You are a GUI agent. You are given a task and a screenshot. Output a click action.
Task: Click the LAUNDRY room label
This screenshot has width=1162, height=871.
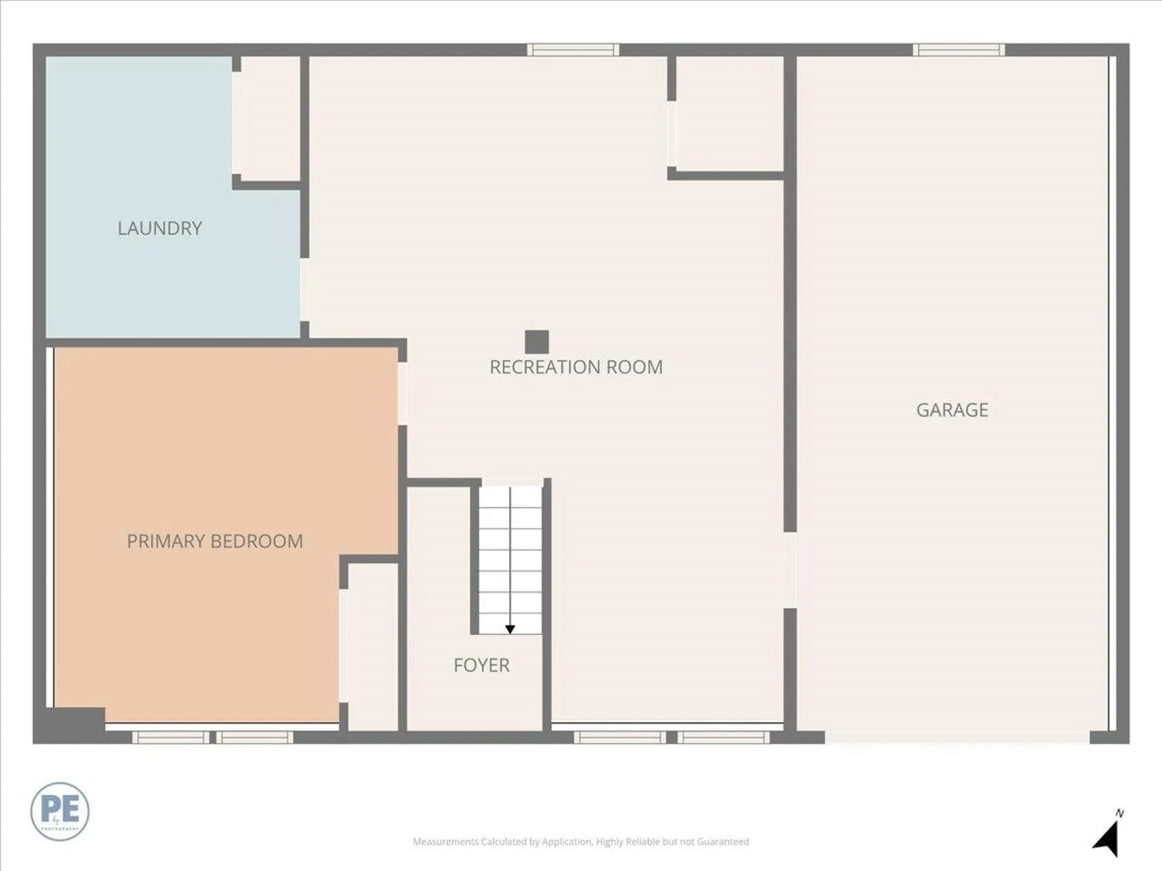[x=160, y=228]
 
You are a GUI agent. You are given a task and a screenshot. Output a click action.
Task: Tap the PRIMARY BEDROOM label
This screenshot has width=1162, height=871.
[x=215, y=541]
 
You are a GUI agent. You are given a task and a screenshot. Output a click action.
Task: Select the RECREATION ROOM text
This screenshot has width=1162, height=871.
[x=576, y=367]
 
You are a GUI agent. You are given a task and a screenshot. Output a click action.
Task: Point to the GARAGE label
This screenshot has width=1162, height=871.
[x=952, y=410]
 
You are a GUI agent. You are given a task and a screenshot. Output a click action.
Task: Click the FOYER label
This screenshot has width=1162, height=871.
[x=481, y=665]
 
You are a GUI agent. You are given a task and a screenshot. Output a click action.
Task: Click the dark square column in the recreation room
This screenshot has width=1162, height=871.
[x=537, y=342]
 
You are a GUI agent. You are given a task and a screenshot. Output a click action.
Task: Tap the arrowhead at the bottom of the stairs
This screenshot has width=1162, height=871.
[x=510, y=630]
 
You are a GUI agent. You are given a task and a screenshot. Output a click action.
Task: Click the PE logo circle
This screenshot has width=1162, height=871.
[x=60, y=811]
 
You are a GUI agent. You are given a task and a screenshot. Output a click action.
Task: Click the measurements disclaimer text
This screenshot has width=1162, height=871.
[x=581, y=841]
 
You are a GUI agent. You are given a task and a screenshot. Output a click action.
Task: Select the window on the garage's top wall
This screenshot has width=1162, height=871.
[x=959, y=50]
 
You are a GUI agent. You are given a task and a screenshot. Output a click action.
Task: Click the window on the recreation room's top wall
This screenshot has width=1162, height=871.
[x=573, y=50]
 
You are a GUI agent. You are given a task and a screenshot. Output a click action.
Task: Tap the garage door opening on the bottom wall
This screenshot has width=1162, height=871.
[x=957, y=737]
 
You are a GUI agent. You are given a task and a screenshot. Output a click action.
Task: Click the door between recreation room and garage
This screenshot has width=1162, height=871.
[x=790, y=570]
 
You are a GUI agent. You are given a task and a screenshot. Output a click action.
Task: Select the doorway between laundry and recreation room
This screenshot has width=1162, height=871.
[x=304, y=290]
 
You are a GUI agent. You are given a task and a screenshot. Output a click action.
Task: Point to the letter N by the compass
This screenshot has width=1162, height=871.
[x=1120, y=814]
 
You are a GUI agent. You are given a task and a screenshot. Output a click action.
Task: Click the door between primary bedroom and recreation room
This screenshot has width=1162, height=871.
[x=402, y=393]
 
